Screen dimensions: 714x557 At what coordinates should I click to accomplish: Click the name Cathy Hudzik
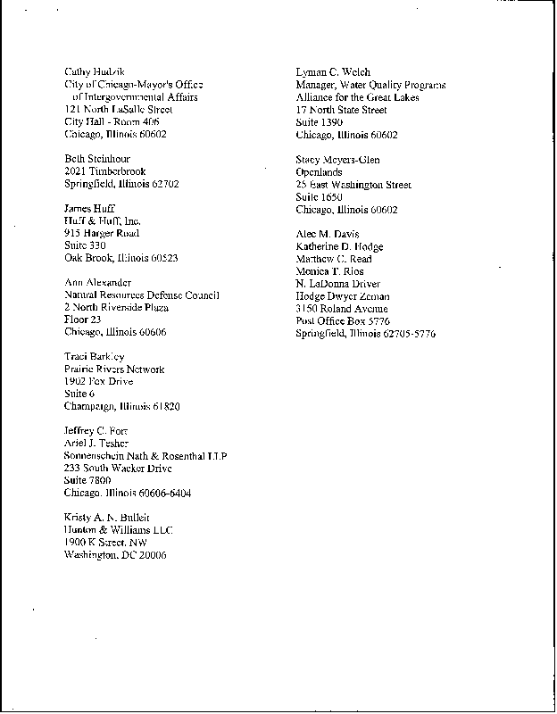point(93,71)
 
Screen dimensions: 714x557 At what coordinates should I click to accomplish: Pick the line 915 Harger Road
point(102,233)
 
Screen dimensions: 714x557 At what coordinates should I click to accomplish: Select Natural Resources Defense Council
point(142,295)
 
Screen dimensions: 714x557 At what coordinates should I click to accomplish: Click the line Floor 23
point(83,320)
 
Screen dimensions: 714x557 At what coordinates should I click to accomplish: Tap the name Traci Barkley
point(95,357)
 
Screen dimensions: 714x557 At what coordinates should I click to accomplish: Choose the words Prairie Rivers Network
point(114,369)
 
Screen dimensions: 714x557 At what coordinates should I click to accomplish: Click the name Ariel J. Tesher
point(96,444)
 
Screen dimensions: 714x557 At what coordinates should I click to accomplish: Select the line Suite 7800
point(87,480)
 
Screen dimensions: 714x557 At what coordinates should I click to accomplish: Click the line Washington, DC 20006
point(115,554)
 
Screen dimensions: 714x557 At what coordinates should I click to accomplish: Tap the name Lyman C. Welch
point(333,72)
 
